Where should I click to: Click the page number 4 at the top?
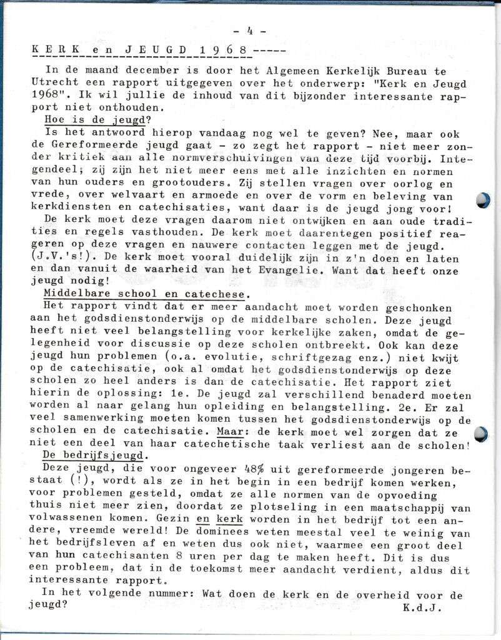pos(250,31)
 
